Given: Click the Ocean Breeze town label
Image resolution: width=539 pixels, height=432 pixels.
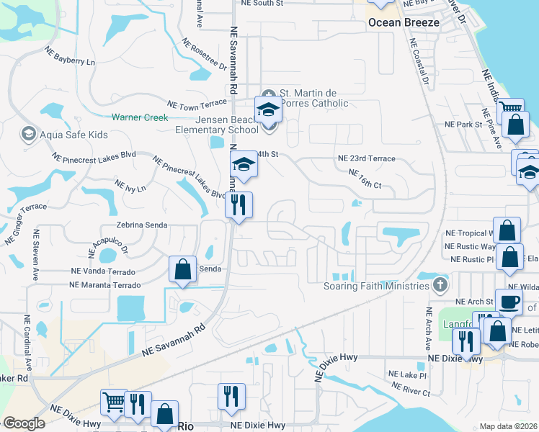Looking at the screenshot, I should [x=404, y=22].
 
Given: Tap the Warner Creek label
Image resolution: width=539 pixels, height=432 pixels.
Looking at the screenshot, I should [x=139, y=117].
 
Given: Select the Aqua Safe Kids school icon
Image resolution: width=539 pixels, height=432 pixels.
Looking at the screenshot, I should [x=28, y=134].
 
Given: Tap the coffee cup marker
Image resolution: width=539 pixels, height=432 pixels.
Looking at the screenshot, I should [x=508, y=300].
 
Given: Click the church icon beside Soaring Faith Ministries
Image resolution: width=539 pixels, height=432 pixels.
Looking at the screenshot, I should [x=440, y=286].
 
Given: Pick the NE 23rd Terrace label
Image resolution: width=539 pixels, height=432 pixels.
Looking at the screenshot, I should [x=366, y=158].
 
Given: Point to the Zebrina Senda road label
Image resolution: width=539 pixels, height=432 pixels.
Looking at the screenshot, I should [x=137, y=225].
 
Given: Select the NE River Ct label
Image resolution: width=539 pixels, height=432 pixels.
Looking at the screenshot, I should [x=409, y=390].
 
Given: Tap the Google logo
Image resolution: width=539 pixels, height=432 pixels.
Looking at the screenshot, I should [x=24, y=423].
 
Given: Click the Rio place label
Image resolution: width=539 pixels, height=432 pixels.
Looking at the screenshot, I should [x=186, y=426].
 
